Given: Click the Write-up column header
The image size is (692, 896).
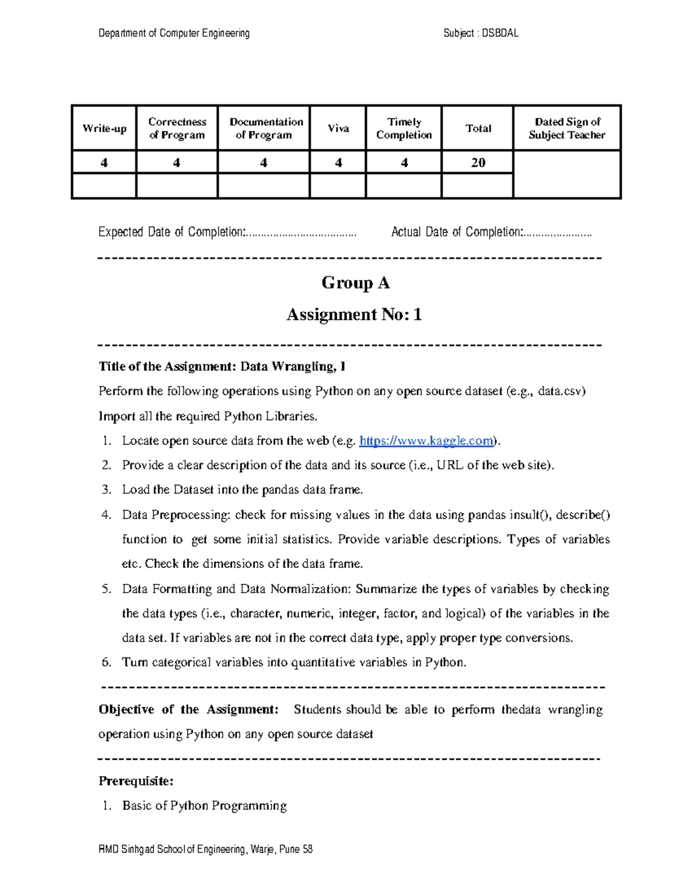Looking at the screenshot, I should tap(104, 129).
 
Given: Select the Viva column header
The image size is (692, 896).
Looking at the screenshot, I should tap(339, 129).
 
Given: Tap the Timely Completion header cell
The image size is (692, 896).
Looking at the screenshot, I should tap(404, 129).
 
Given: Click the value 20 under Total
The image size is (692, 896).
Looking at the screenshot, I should tap(478, 163).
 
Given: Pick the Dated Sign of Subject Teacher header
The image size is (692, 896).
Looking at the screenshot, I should tap(567, 129).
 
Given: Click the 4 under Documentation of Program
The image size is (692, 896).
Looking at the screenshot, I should tap(264, 163).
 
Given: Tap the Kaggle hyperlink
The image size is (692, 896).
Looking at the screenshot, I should tap(426, 441).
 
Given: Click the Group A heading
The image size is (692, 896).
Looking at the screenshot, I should tap(355, 283).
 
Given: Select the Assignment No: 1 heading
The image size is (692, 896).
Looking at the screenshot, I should tap(354, 314).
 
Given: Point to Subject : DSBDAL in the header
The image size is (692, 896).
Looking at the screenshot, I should tap(481, 33).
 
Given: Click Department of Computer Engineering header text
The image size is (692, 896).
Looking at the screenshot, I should tap(174, 33).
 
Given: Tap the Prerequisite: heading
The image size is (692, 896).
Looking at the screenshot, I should tap(136, 781).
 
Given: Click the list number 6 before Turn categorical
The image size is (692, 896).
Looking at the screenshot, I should tap(106, 662).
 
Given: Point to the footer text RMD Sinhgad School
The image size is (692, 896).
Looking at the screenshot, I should tap(205, 849).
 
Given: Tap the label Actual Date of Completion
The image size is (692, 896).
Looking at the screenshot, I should tap(457, 232).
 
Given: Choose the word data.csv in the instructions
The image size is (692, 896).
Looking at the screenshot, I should tap(561, 391).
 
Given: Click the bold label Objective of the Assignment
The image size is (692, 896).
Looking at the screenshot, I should tap(189, 710).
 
